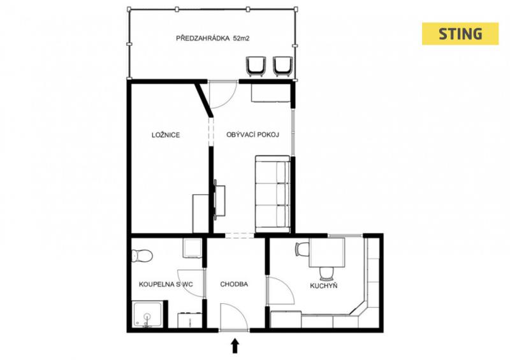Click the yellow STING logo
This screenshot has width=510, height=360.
coord(460,34)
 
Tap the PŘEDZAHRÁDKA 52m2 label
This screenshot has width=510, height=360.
coord(213,38)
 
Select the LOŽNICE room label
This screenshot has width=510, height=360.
coord(166,135)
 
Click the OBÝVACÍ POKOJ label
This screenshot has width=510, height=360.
coord(252,134)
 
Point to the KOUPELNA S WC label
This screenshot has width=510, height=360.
coord(166,285)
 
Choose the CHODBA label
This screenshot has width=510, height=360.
coord(234,284)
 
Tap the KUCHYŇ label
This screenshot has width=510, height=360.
coord(324,285)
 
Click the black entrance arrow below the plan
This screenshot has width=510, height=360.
coord(235,346)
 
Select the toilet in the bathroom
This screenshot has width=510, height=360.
coord(142,256)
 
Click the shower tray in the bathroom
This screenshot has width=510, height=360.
coord(148,315)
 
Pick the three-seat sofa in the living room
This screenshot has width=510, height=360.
coord(273,194)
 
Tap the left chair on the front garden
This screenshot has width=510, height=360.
coord(256,66)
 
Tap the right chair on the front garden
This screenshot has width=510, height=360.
coord(282,66)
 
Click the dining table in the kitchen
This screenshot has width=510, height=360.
coord(326,252)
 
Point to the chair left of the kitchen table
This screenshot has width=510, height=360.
coord(302,249)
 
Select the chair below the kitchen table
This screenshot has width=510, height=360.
coord(326,273)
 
